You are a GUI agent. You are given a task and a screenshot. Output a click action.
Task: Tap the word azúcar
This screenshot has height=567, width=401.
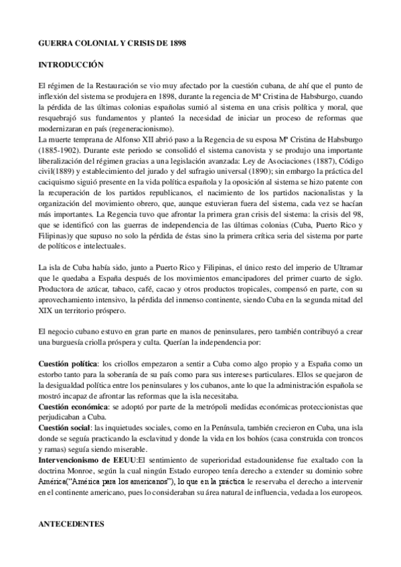(111, 271)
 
